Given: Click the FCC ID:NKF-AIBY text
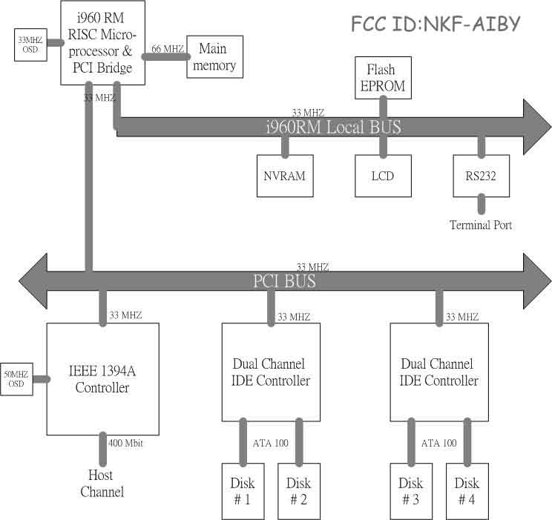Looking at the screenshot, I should pyautogui.click(x=436, y=24).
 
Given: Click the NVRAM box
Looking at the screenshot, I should pyautogui.click(x=284, y=177).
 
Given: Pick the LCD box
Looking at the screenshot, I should pyautogui.click(x=383, y=177).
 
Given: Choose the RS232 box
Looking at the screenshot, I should pyautogui.click(x=481, y=177).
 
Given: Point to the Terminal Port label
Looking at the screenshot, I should pyautogui.click(x=481, y=225).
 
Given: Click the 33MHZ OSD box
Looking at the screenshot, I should pyautogui.click(x=30, y=45).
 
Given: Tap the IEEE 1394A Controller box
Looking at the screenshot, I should pyautogui.click(x=102, y=379).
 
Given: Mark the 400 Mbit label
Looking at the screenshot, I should pyautogui.click(x=127, y=444).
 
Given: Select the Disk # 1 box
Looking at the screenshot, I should pyautogui.click(x=243, y=491).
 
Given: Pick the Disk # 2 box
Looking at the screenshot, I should pyautogui.click(x=298, y=491).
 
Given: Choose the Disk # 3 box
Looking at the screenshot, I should pyautogui.click(x=411, y=491).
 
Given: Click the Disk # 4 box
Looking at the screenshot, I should pyautogui.click(x=467, y=491).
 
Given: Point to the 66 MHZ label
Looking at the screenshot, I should pyautogui.click(x=167, y=49).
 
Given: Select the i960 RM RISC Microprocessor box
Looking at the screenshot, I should pyautogui.click(x=102, y=42).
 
